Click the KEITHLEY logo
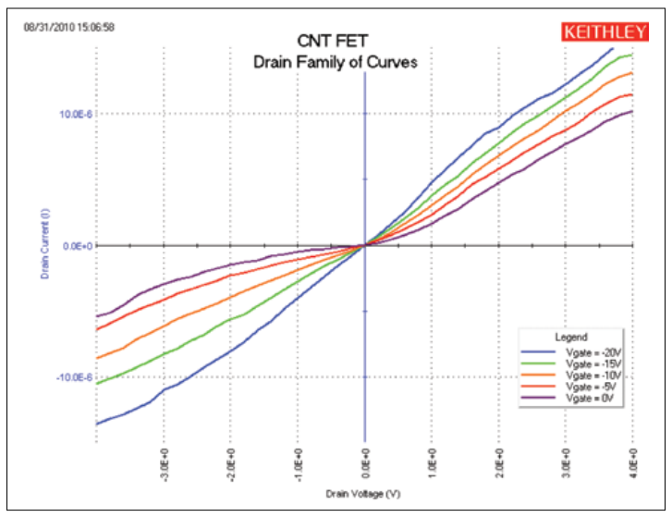(605, 32)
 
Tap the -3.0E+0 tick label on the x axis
(164, 462)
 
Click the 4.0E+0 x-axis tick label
(633, 462)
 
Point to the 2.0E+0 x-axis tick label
(499, 462)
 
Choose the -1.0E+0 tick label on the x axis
(298, 462)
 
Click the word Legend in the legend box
(571, 338)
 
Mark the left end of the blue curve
(97, 424)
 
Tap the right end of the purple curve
(632, 112)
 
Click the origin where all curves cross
(365, 246)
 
